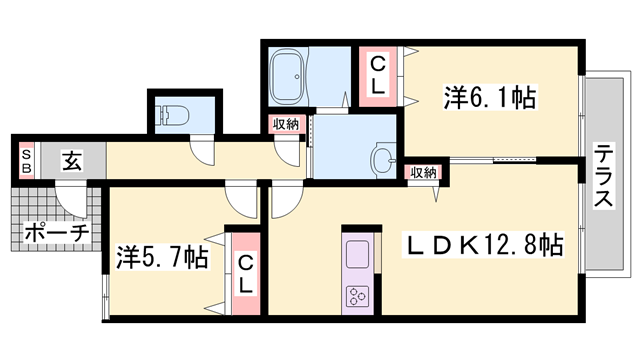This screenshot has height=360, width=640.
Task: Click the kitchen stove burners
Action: tap(358, 295)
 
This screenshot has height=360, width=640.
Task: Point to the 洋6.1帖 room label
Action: tap(490, 98)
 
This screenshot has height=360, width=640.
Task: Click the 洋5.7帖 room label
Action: tap(161, 257)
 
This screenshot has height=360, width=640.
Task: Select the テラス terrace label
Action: tap(604, 176)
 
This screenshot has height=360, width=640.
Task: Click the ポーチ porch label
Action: tap(56, 233)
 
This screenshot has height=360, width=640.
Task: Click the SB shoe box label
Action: tap(27, 159)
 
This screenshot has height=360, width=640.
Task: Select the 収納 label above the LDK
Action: tap(422, 173)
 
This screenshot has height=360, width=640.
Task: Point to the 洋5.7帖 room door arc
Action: tap(242, 200)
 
